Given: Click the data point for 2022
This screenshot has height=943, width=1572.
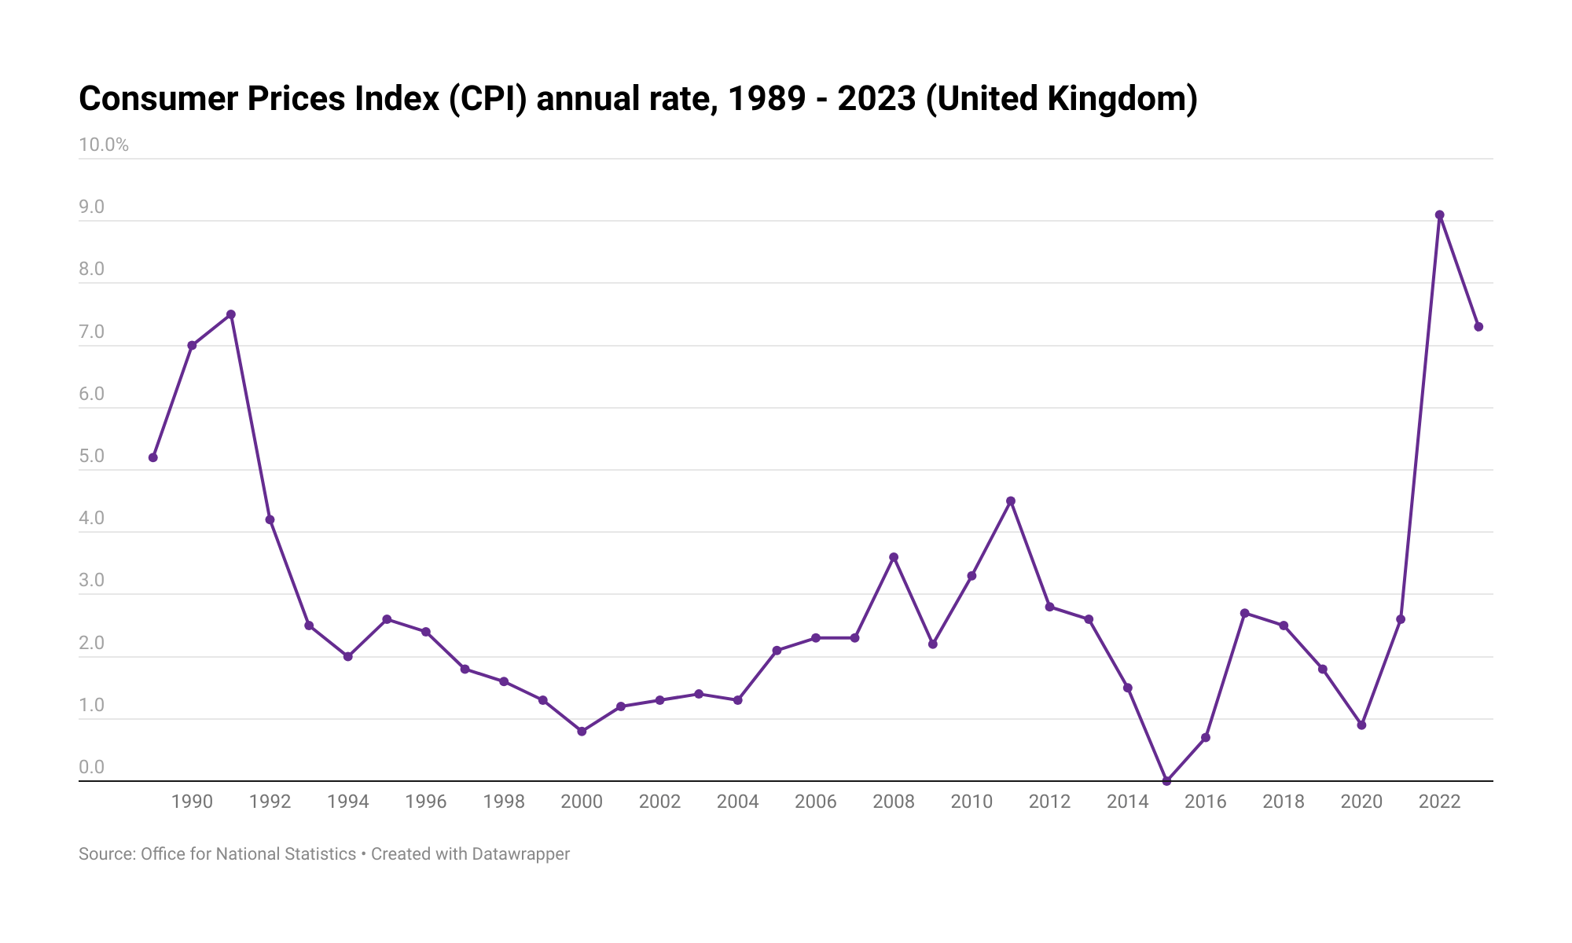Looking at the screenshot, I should pyautogui.click(x=1439, y=215).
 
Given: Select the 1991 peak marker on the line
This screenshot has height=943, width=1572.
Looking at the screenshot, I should pyautogui.click(x=231, y=314).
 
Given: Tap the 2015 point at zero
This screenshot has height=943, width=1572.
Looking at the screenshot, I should pyautogui.click(x=1166, y=781).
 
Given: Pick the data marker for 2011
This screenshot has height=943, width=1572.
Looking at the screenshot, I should pyautogui.click(x=1011, y=501).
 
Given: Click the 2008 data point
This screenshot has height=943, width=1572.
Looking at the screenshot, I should pyautogui.click(x=894, y=557).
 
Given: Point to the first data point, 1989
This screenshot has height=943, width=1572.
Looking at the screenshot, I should pyautogui.click(x=153, y=457).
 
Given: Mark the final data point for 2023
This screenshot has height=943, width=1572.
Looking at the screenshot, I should pyautogui.click(x=1478, y=327).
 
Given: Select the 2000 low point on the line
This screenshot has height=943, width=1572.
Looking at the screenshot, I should pyautogui.click(x=582, y=732).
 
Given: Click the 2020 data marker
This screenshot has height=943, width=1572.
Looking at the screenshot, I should pyautogui.click(x=1361, y=725).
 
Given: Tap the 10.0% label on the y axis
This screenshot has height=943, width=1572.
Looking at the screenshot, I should pyautogui.click(x=103, y=145).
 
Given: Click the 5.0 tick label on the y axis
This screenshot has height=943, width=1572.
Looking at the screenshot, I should pyautogui.click(x=91, y=457).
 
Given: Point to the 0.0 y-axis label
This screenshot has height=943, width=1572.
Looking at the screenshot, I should pyautogui.click(x=91, y=767).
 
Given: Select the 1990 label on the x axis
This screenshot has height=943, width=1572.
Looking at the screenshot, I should pyautogui.click(x=192, y=802).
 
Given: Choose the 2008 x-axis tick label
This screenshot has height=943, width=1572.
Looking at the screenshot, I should pyautogui.click(x=894, y=802).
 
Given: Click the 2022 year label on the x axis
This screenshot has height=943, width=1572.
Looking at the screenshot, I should pyautogui.click(x=1439, y=802).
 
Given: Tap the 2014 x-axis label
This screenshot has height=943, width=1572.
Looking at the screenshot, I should pyautogui.click(x=1127, y=802).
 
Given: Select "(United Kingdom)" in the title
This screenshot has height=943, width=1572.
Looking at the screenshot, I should pyautogui.click(x=1061, y=99).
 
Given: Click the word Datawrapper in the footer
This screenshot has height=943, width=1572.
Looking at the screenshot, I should pyautogui.click(x=520, y=854).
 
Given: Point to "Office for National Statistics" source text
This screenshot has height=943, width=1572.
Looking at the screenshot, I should pyautogui.click(x=248, y=854).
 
